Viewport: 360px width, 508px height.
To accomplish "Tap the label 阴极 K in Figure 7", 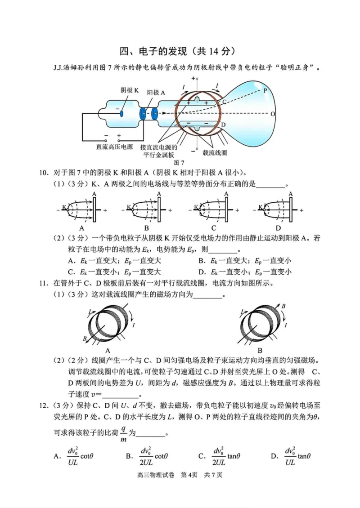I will click(129, 90).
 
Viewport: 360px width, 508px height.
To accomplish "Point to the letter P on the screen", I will click(265, 90).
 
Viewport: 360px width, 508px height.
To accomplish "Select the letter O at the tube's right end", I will click(273, 114).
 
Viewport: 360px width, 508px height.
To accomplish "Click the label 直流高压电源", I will click(114, 147).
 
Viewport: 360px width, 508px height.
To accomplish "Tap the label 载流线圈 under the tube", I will click(215, 152).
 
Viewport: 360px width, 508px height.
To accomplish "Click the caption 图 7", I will click(179, 162).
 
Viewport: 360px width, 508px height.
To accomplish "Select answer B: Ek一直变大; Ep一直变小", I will click(246, 261).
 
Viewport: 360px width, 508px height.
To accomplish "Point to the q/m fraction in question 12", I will click(123, 434).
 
